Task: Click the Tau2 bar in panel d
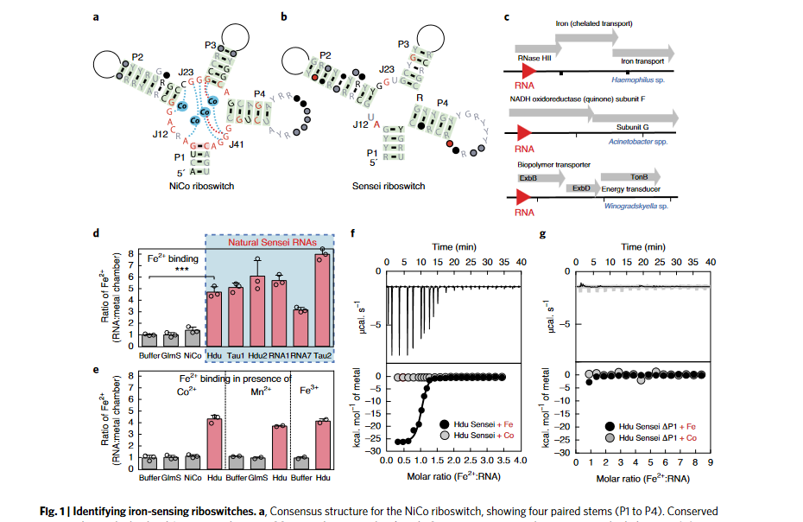[323, 302]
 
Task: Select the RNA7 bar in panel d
[300, 329]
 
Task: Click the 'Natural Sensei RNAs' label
[270, 245]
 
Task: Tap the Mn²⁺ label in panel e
[256, 389]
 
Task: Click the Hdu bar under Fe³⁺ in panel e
[323, 443]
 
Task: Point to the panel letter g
[542, 233]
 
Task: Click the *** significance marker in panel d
[181, 269]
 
